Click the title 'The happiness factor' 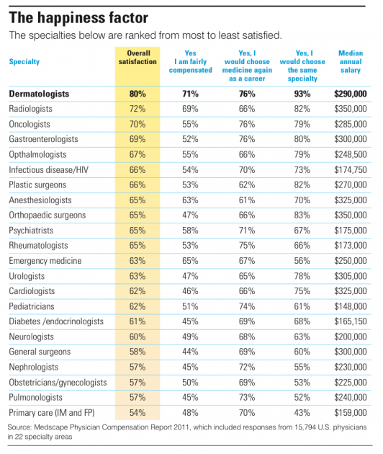coord(78,18)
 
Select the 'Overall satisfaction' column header coord(138,58)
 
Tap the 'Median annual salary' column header coord(351,61)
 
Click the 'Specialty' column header coord(24,62)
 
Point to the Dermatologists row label coord(39,94)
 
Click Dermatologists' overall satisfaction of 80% coord(138,94)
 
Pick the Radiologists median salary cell coord(351,109)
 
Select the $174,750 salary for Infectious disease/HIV coord(351,169)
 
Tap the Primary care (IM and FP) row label coord(52,413)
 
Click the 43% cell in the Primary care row coord(302,413)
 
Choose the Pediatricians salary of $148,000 coord(351,306)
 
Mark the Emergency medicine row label coord(45,261)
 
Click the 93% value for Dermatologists coord(302,94)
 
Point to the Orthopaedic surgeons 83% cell coord(302,215)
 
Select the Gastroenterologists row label coord(43,139)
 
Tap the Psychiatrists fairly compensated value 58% coord(190,231)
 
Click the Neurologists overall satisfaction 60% coord(138,337)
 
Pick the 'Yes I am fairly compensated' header coord(190,61)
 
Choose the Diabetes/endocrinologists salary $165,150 coord(351,321)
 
